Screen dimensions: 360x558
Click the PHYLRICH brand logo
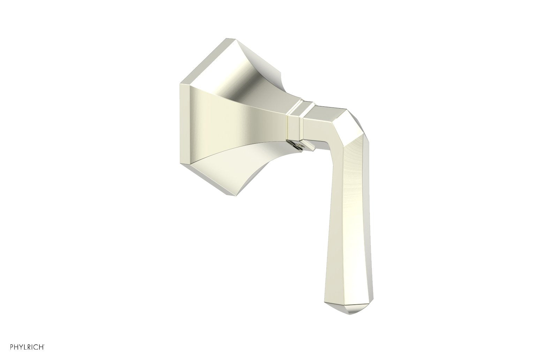point(26,347)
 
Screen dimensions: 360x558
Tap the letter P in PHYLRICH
point(11,347)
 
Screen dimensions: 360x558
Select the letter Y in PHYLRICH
point(21,347)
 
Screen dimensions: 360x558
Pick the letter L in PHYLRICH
point(25,347)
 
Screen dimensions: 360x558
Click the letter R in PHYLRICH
point(29,347)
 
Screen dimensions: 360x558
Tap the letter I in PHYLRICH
point(32,347)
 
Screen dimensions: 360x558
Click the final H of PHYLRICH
point(42,347)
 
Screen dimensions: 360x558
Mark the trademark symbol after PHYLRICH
point(44,345)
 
